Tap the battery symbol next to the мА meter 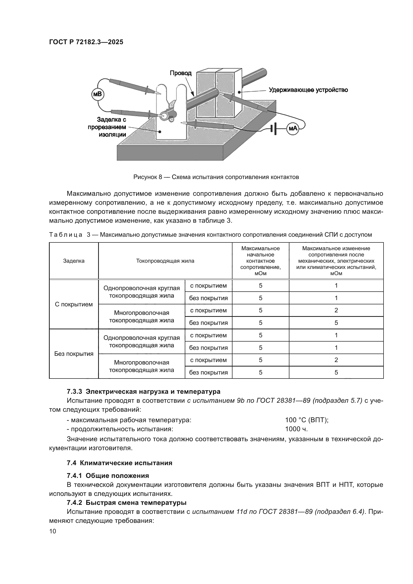(273, 129)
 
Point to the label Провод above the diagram (181, 73)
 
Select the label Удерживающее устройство (308, 90)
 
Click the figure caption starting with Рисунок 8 (216, 177)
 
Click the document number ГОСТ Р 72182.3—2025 (86, 42)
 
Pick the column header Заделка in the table (74, 261)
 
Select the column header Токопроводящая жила (165, 261)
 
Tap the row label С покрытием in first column (74, 304)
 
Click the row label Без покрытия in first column (74, 354)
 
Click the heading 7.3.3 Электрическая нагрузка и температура (143, 391)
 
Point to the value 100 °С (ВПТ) (307, 420)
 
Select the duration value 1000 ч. (296, 429)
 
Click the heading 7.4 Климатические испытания (120, 463)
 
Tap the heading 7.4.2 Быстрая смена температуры (126, 503)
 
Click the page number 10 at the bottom (53, 531)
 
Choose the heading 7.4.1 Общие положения (108, 476)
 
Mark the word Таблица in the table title (66, 234)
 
